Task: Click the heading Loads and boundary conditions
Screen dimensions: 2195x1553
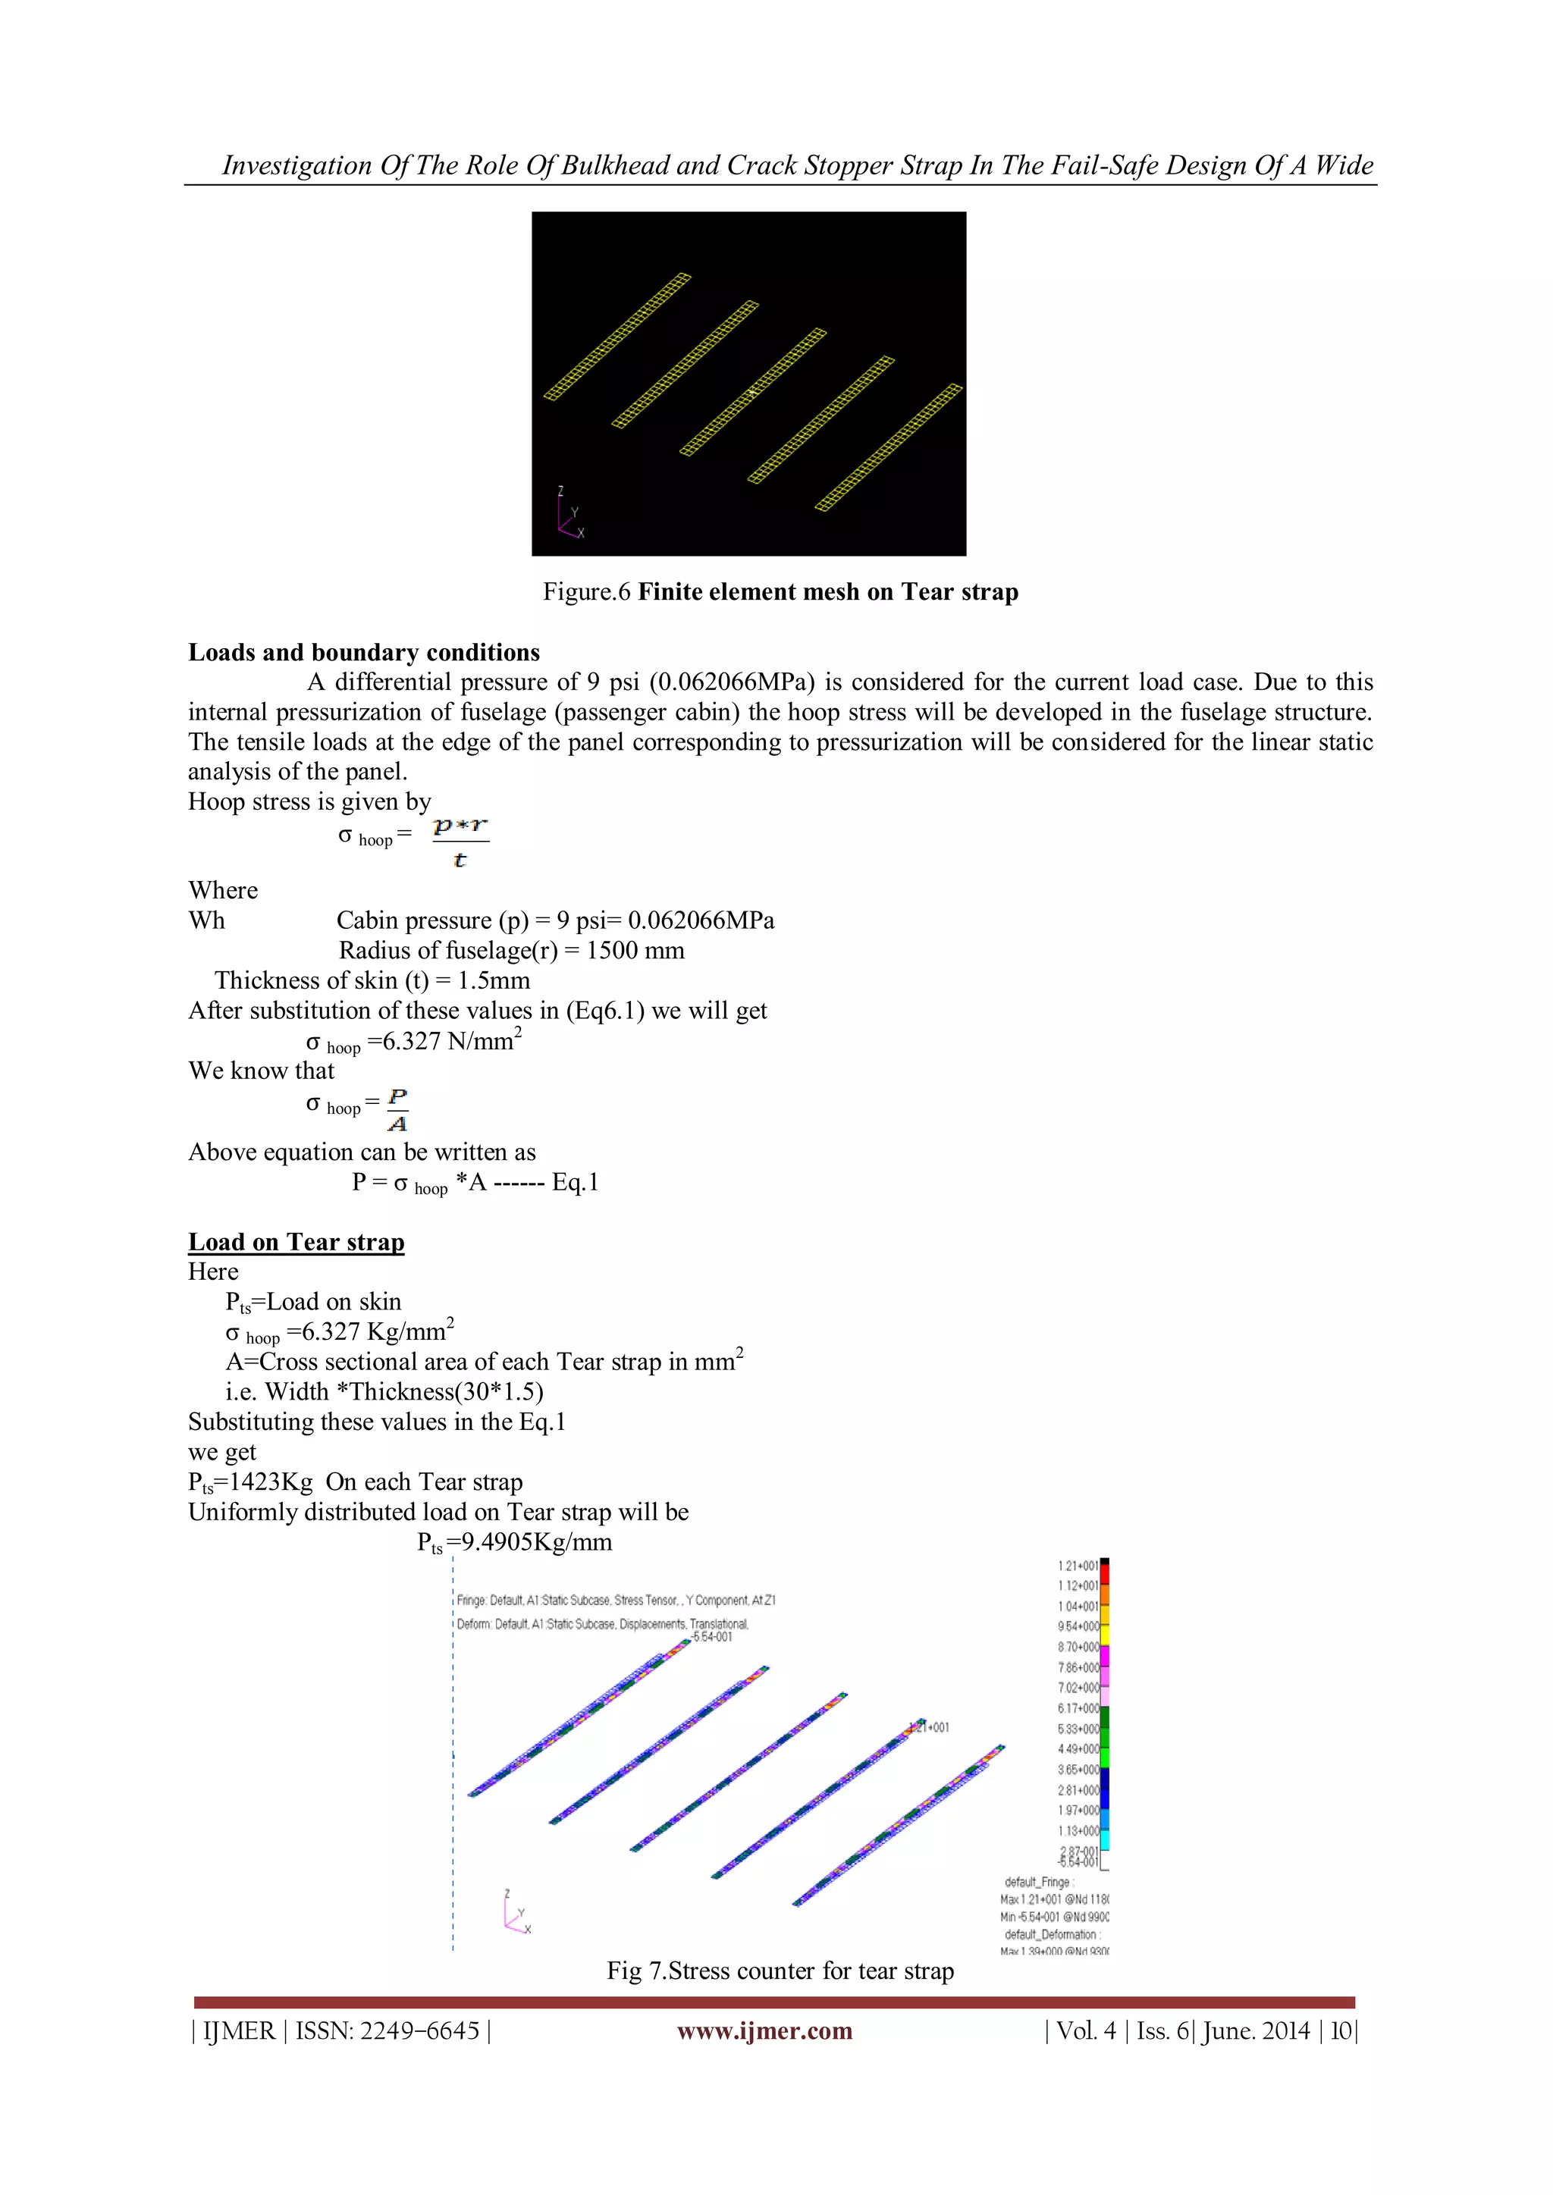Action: (x=363, y=652)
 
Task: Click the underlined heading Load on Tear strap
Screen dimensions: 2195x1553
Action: (x=296, y=1242)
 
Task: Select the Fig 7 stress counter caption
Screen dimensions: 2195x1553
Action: (x=780, y=1971)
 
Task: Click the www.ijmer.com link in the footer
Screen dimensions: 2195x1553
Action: (x=764, y=2030)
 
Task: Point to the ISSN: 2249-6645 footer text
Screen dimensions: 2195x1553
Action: (x=387, y=2030)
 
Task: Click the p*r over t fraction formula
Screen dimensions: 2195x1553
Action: (x=460, y=842)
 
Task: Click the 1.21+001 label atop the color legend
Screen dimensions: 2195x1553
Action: (x=1078, y=1566)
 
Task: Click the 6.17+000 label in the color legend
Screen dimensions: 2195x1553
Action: (x=1078, y=1708)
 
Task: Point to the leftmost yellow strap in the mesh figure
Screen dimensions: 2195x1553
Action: (x=616, y=337)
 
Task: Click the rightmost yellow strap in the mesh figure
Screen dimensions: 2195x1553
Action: (x=889, y=447)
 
